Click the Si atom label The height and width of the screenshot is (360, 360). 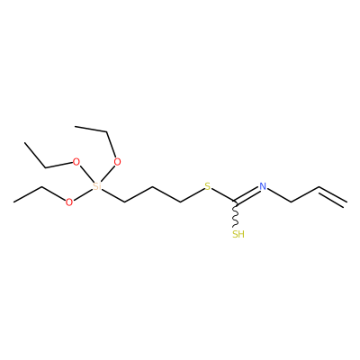[97, 186]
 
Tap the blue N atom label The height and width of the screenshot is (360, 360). [263, 186]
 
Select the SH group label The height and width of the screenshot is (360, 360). [238, 234]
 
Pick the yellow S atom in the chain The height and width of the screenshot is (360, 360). [208, 186]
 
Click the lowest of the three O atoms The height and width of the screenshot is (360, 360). [69, 202]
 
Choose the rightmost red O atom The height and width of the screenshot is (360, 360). [118, 162]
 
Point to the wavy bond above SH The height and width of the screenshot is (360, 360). [236, 215]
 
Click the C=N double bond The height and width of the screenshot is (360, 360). [247, 195]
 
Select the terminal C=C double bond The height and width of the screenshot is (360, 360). [333, 196]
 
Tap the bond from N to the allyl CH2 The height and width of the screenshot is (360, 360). [280, 195]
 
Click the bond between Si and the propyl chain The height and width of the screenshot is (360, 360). [113, 195]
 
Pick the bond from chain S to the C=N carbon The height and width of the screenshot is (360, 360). [223, 195]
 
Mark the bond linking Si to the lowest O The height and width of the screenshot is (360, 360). [83, 194]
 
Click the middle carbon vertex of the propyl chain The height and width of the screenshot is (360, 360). [152, 186]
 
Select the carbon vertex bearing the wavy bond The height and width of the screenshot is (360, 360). [236, 202]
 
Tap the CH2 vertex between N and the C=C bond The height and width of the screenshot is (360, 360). [292, 202]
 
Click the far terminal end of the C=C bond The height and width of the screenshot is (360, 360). [347, 202]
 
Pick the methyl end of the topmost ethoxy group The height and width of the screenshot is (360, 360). [75, 126]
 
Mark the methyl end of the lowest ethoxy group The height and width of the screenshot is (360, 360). [13, 202]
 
